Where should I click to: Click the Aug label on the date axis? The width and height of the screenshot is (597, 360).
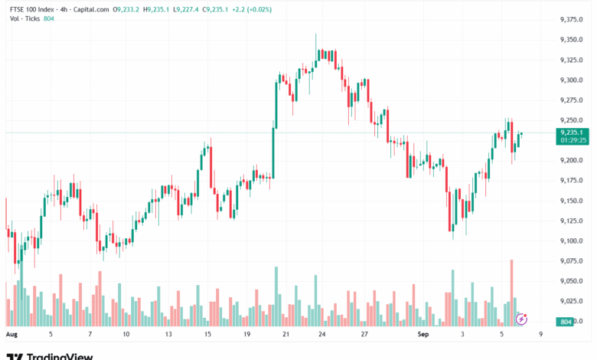point(11,335)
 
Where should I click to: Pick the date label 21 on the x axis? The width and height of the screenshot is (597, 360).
point(285,335)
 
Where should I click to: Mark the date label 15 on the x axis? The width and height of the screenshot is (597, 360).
point(207,335)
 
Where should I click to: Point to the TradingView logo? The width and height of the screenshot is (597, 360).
point(50,355)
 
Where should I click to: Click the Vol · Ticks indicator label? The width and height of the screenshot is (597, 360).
point(24,19)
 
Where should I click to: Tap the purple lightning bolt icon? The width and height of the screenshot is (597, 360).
point(522,318)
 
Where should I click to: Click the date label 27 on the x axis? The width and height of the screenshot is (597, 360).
point(365,335)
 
